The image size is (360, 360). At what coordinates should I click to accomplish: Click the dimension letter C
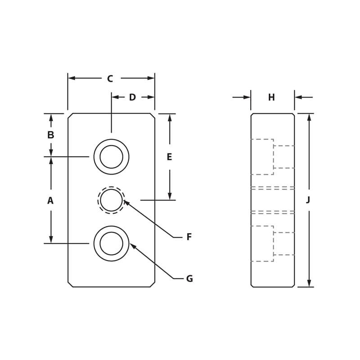[110, 79]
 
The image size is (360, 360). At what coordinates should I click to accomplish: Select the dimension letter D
[132, 98]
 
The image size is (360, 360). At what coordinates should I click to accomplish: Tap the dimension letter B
[51, 135]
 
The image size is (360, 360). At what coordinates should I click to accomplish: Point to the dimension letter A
[50, 201]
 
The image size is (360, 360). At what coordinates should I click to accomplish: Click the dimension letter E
[169, 157]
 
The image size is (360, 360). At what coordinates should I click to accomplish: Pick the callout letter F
[189, 237]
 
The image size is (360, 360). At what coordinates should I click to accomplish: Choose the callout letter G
[189, 279]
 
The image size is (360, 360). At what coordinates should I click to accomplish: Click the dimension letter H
[271, 98]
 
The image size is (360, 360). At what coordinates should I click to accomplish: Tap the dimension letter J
[308, 200]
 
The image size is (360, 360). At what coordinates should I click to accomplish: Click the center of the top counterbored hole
[111, 157]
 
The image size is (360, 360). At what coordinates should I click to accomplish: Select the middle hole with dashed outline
[111, 200]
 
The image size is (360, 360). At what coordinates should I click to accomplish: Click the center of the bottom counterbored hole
[111, 243]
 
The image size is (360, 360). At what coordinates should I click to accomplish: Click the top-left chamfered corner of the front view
[70, 116]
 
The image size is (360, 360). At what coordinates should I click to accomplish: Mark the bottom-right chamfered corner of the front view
[153, 284]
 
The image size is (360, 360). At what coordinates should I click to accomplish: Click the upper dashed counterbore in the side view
[262, 157]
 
